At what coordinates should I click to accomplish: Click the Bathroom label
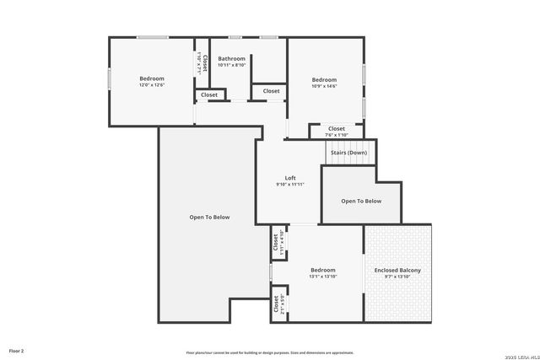[x=231, y=58]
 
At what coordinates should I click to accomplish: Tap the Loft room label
[x=290, y=178]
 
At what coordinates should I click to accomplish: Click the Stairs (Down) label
[x=348, y=153]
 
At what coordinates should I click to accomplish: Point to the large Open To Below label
[x=209, y=217]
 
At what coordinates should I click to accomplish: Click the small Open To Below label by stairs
[x=361, y=201]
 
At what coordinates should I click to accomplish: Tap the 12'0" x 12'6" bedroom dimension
[x=152, y=85]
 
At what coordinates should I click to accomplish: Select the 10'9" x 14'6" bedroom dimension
[x=325, y=86]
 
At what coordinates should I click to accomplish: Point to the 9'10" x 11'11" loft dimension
[x=290, y=185]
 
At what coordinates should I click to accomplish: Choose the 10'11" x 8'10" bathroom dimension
[x=231, y=65]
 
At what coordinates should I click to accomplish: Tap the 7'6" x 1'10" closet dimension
[x=337, y=135]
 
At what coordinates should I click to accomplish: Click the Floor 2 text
[x=17, y=350]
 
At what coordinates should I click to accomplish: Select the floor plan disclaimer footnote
[x=269, y=352]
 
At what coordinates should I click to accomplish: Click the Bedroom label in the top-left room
[x=152, y=78]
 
